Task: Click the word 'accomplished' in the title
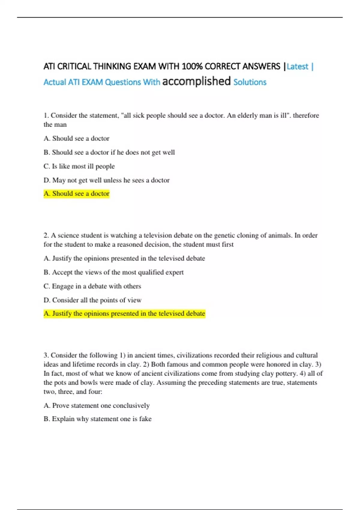coord(196,81)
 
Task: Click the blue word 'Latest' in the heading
coord(297,66)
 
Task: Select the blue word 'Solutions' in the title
coord(250,82)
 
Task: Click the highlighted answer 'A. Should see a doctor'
coord(76,194)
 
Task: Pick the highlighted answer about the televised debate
coord(124,314)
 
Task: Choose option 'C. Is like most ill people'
coord(79,166)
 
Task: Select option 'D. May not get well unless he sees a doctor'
coord(106,180)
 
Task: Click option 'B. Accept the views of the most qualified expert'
coord(113,272)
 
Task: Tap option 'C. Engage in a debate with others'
coord(92,286)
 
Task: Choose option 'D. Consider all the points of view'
coord(92,300)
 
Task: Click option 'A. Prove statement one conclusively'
coord(96,406)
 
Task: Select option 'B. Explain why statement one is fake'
coord(97,419)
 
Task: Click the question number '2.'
coord(46,235)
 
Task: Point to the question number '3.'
coord(46,355)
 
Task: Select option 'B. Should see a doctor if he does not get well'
coord(109,152)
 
